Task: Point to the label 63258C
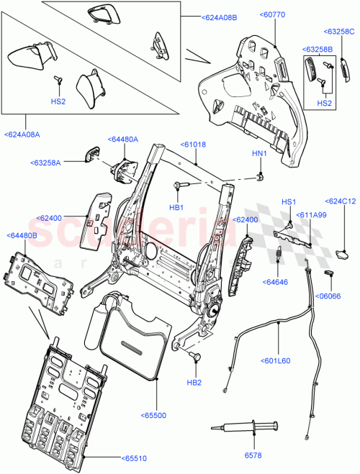[x=338, y=32]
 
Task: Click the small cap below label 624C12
[x=344, y=252]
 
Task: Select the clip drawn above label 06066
[x=331, y=274]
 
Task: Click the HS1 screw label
[x=289, y=201]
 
